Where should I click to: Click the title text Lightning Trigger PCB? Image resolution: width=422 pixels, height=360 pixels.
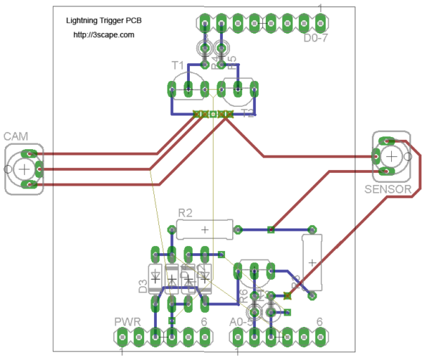pos(103,21)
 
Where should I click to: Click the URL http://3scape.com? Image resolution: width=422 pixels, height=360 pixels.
pos(104,34)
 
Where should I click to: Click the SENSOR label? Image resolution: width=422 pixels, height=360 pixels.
pos(388,189)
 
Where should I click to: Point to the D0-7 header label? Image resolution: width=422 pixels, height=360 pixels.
pos(316,39)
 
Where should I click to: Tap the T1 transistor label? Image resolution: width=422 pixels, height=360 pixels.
pos(179,65)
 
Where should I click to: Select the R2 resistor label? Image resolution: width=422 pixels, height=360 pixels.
pos(185,212)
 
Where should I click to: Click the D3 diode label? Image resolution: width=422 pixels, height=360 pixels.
pos(143,285)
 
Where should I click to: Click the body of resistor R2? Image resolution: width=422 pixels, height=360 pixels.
pos(204,229)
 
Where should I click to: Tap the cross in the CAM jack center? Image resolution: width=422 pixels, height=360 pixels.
pos(24,169)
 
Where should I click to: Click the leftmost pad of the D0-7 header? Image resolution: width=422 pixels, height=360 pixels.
pos(203,22)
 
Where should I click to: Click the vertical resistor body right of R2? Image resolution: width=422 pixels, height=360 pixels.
pos(312,262)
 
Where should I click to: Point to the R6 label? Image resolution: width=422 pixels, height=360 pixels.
pos(243,295)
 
